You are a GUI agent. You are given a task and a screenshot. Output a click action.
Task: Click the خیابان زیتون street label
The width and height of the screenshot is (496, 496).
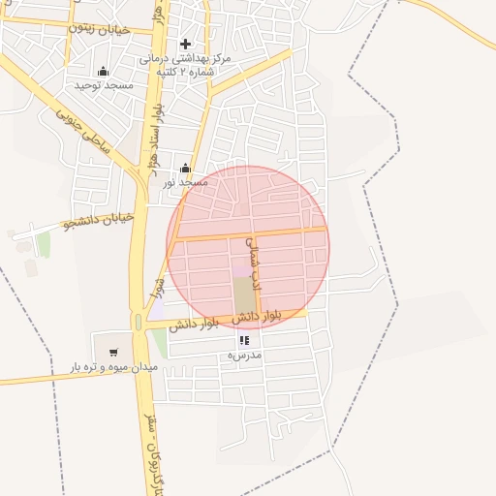98,28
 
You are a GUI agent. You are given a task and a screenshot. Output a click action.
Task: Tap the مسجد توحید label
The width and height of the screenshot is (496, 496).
104,85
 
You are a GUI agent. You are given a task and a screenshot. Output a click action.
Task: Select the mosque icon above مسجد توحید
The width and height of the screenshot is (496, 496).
104,71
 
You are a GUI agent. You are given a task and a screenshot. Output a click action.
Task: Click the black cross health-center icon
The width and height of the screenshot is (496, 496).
186,44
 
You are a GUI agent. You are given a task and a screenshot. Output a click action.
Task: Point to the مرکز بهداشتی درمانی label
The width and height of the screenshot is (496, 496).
185,59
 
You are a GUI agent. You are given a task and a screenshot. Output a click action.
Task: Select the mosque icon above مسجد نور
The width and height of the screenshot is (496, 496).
185,168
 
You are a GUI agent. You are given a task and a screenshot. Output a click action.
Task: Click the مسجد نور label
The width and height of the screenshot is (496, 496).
185,182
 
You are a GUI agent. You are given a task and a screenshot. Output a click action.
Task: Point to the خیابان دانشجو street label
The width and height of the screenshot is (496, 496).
98,221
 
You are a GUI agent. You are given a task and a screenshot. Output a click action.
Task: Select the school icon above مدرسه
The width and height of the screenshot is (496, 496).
243,341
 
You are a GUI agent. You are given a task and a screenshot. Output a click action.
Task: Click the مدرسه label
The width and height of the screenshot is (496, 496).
244,356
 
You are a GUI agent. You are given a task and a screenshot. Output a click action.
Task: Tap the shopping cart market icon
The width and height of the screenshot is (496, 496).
114,353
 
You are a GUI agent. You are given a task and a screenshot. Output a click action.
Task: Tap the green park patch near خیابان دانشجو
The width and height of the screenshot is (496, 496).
43,244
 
